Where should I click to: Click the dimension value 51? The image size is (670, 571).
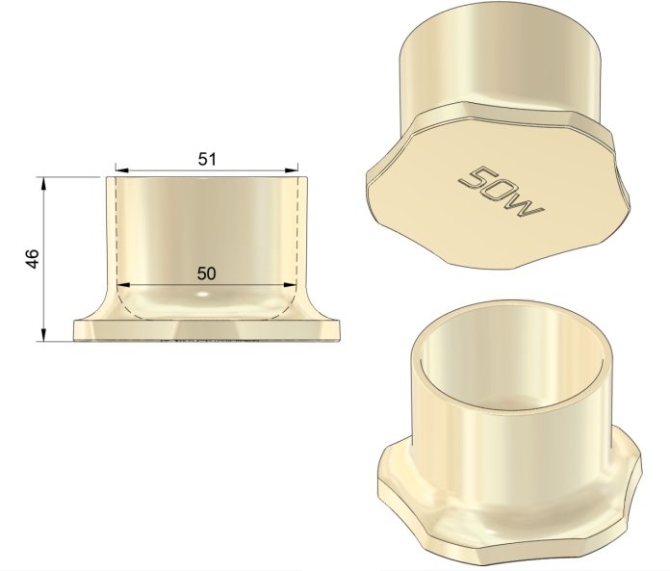tap(207, 160)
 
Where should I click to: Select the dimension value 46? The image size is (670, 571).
tap(33, 259)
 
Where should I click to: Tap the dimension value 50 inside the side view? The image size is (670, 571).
tap(206, 273)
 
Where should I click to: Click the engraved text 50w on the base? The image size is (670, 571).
tap(501, 191)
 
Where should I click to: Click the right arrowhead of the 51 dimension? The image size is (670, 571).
tap(292, 170)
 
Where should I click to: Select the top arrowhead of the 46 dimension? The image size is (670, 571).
tap(42, 183)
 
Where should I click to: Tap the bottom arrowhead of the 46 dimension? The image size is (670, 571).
tap(42, 335)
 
